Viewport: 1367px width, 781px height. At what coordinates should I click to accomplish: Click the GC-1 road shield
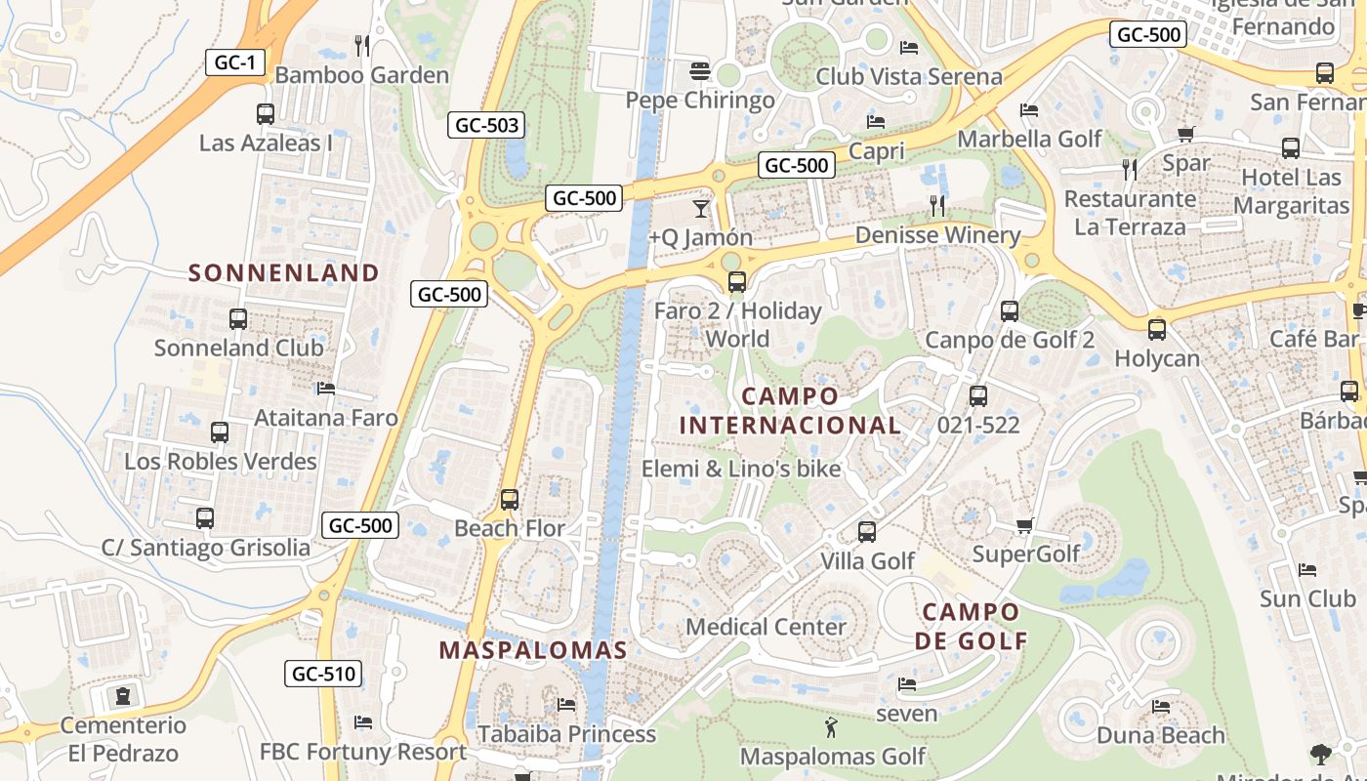235,62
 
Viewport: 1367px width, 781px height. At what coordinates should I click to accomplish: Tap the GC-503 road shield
486,125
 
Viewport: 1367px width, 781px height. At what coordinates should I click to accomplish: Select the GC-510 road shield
324,674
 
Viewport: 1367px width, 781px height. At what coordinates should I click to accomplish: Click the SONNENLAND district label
283,273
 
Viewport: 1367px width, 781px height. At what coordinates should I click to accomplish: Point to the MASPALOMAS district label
532,650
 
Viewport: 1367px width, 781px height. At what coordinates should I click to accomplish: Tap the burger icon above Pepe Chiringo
699,71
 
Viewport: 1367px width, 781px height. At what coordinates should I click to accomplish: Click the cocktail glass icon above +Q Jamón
701,208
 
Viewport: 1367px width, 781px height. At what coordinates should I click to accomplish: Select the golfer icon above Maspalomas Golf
831,727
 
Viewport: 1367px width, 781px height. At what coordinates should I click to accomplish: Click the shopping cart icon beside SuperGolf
1024,526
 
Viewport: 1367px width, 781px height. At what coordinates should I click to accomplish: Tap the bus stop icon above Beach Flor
509,499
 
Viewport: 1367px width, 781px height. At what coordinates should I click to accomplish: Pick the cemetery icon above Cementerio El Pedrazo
122,696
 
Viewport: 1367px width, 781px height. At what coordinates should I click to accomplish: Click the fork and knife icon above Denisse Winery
937,205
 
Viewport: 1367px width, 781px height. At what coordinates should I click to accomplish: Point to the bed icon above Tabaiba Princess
565,705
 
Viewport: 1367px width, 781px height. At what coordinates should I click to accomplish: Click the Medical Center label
766,627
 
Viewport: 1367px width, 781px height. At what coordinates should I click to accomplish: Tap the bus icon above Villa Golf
866,532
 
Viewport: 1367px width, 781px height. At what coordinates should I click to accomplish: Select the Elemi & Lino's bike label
740,469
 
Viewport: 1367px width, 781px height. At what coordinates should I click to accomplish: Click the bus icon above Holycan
1157,330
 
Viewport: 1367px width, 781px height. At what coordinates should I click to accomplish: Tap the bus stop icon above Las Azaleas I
265,113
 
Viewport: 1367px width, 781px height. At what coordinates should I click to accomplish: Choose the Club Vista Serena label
908,76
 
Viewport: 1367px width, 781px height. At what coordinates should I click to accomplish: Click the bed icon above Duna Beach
1160,707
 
